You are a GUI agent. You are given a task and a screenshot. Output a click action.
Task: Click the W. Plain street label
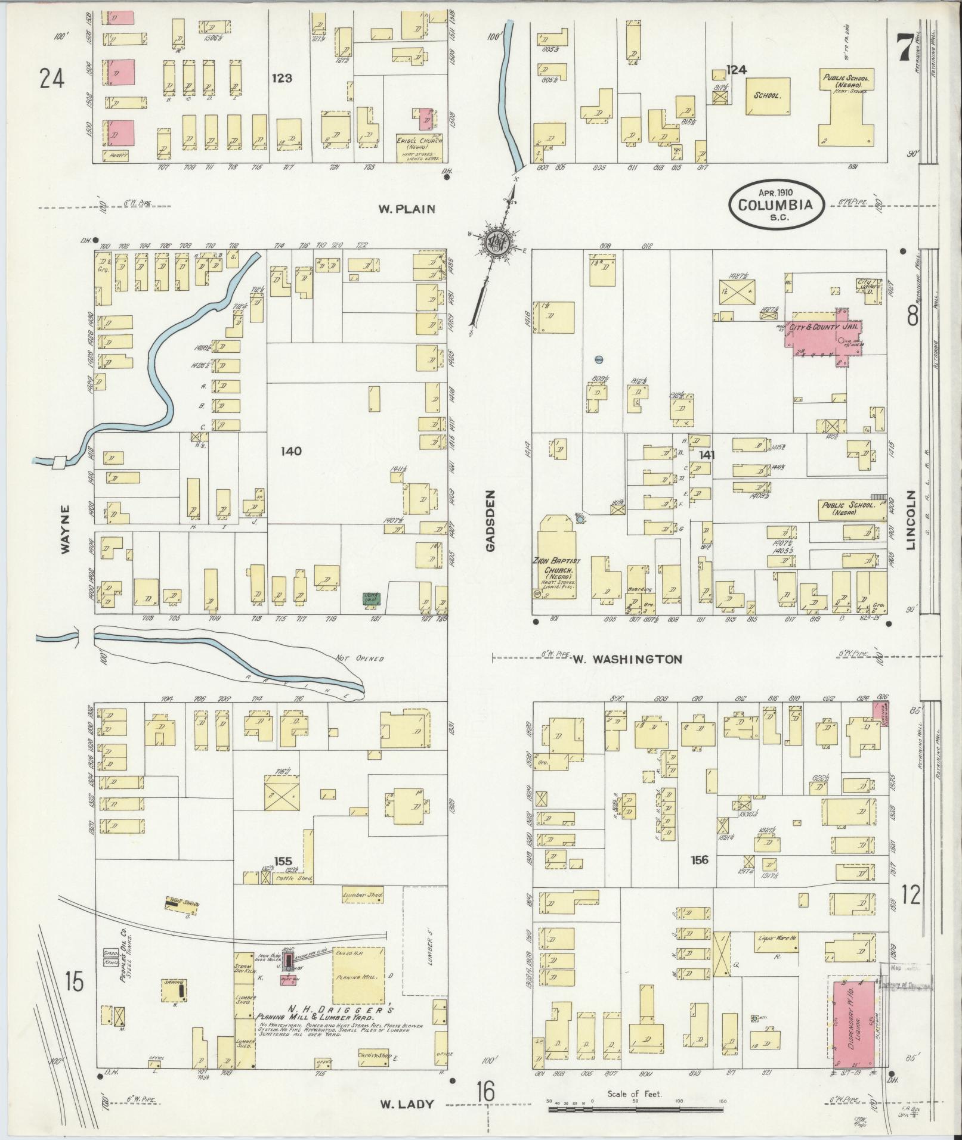coord(407,209)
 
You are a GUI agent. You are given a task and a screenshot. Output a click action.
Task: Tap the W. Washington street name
coord(627,659)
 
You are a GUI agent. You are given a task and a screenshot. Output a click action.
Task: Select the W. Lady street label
coord(407,1104)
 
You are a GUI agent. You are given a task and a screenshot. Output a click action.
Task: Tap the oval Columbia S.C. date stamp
coord(775,204)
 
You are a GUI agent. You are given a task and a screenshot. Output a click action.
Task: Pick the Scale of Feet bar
coord(635,1110)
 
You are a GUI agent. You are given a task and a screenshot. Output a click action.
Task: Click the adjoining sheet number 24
coord(52,78)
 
